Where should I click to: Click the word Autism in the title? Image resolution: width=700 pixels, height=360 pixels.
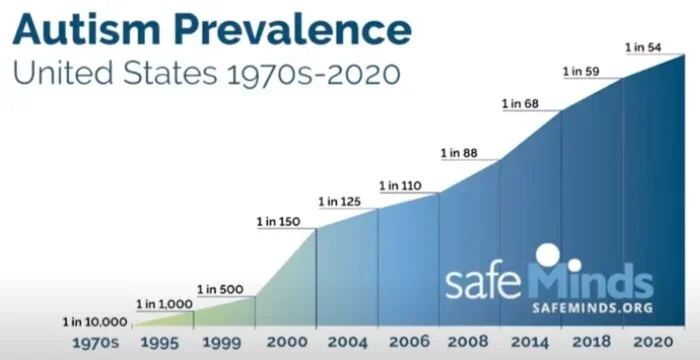click(86, 29)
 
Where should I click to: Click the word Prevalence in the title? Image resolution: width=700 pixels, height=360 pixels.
click(292, 29)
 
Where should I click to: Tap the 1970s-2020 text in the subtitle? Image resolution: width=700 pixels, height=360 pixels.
click(313, 73)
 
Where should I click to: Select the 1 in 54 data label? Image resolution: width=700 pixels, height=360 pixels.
click(643, 47)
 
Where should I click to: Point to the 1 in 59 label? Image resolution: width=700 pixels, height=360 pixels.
click(581, 71)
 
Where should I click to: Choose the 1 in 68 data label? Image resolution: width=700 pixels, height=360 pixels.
click(521, 104)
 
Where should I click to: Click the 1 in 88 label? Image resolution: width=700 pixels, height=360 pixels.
click(459, 153)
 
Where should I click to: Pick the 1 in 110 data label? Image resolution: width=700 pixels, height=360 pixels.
click(400, 186)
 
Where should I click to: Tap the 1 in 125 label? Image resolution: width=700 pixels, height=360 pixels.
click(339, 202)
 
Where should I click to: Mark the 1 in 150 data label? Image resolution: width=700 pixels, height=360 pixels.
click(279, 222)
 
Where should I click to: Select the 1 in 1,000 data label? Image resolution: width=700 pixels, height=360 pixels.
click(164, 305)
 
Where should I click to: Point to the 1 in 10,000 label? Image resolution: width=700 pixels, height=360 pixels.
click(95, 322)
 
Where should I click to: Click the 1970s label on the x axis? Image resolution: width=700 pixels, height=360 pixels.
click(96, 343)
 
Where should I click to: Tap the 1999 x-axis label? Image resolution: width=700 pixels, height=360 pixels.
click(221, 343)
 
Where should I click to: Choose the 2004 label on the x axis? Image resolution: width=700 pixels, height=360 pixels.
click(348, 343)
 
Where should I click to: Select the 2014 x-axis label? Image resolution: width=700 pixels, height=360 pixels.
click(530, 343)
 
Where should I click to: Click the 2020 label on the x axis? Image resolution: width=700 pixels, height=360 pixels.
click(653, 343)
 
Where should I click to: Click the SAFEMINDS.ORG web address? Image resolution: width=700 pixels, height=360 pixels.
click(592, 308)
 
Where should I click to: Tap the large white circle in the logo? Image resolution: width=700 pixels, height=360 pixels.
click(548, 254)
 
